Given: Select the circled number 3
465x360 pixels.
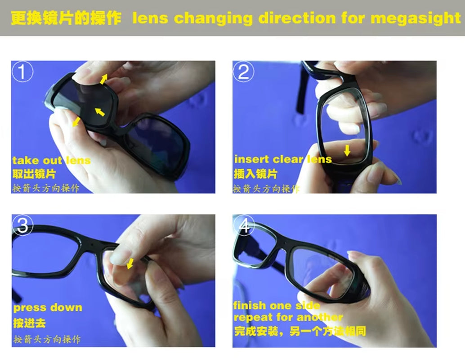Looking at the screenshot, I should pyautogui.click(x=22, y=225).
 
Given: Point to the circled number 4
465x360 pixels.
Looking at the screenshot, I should pyautogui.click(x=244, y=226).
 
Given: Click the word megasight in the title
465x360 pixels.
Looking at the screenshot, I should pyautogui.click(x=416, y=18).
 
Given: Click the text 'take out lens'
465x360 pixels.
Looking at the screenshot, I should pyautogui.click(x=51, y=161).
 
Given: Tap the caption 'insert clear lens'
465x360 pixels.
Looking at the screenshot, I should pyautogui.click(x=283, y=159).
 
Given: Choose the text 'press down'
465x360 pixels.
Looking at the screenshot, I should pyautogui.click(x=48, y=308).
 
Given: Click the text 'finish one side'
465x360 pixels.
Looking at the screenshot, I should pyautogui.click(x=277, y=306).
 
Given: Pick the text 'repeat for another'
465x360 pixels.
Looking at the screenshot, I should pyautogui.click(x=288, y=317).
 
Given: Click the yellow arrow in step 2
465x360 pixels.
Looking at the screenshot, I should pyautogui.click(x=347, y=150).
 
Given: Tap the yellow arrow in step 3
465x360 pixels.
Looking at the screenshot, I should pyautogui.click(x=130, y=263).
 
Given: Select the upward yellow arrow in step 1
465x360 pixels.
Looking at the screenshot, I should pyautogui.click(x=104, y=79).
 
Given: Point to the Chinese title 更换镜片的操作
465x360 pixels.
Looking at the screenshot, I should pyautogui.click(x=66, y=18).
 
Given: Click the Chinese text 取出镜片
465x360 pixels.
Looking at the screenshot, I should pyautogui.click(x=34, y=174).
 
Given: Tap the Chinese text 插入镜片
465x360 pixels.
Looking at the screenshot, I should pyautogui.click(x=255, y=173).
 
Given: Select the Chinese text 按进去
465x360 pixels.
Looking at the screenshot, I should pyautogui.click(x=29, y=323).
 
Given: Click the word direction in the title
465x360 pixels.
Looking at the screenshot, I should pyautogui.click(x=297, y=18).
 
